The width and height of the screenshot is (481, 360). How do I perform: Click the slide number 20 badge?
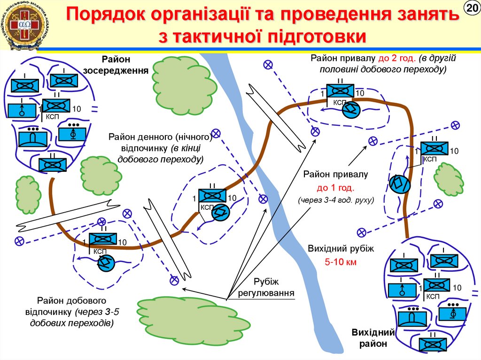[471, 8]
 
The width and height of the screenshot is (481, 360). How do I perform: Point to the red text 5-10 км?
[341, 262]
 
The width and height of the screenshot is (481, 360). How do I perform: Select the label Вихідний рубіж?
[341, 249]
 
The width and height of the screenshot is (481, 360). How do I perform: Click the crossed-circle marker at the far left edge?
[19, 241]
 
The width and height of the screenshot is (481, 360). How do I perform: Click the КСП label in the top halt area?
[340, 102]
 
